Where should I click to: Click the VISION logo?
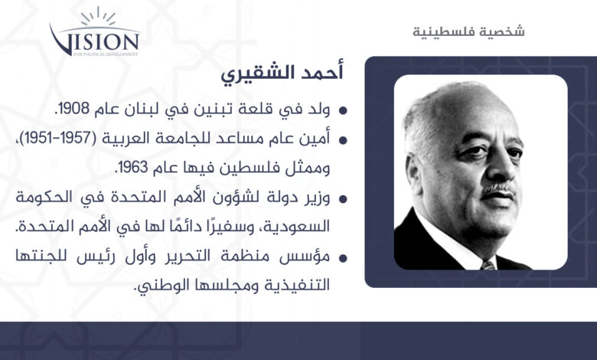tap(94, 32)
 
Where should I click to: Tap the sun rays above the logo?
tap(98, 16)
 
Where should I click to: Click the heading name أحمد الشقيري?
tap(282, 73)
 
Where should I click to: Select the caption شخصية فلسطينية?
tap(468, 31)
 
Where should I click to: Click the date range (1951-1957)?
tap(58, 138)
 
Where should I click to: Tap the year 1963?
tap(133, 167)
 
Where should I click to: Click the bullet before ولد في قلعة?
tap(343, 111)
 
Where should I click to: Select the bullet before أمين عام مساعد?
tap(343, 140)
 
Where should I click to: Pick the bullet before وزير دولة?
tap(343, 199)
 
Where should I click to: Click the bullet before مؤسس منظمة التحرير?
tap(343, 258)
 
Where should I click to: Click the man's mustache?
tap(499, 189)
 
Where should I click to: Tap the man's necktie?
tap(487, 264)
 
